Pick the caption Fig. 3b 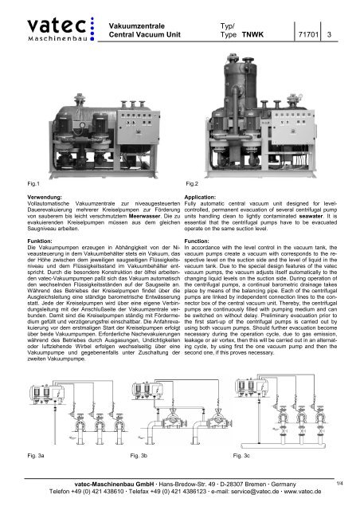click(x=139, y=457)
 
